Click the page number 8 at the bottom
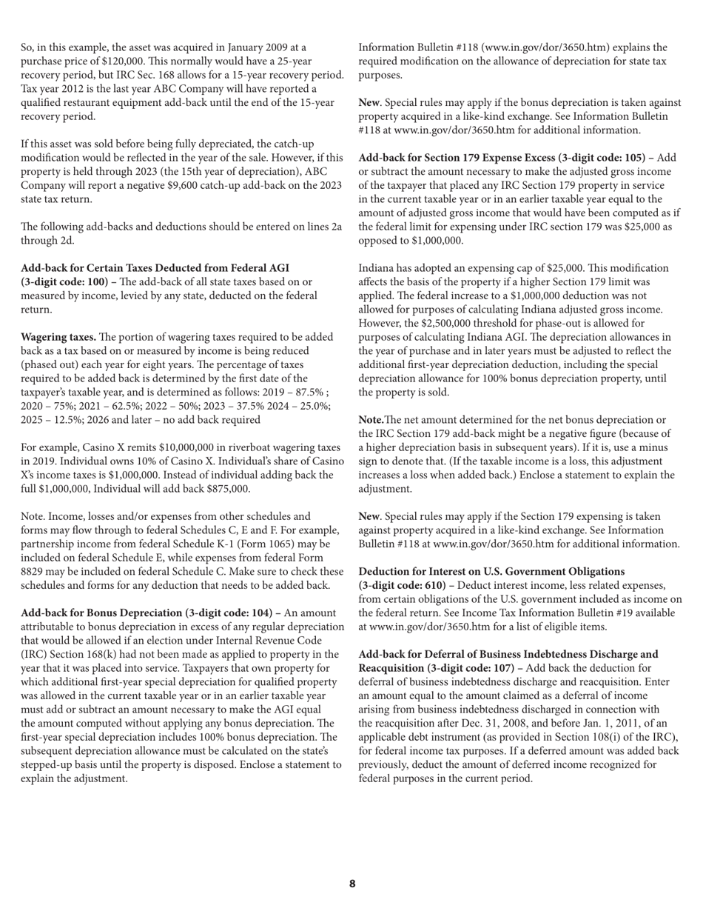click(x=352, y=884)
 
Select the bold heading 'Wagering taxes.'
click(x=58, y=337)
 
